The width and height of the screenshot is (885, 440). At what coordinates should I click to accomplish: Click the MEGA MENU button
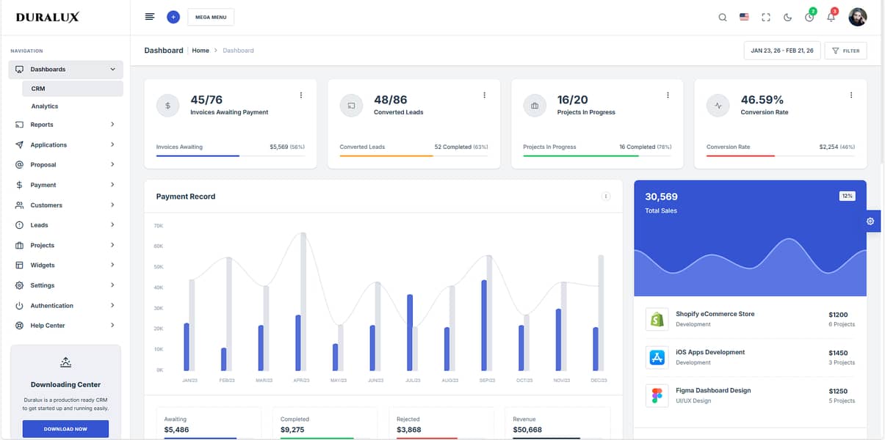coord(211,17)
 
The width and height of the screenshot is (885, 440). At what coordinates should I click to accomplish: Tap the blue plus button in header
coord(173,17)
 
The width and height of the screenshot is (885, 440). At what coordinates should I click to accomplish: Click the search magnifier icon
coord(722,17)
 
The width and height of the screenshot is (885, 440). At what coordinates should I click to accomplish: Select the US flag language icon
coord(744,17)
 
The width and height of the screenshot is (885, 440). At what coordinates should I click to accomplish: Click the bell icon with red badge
coord(831,17)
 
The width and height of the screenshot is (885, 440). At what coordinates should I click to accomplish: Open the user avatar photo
coord(857,17)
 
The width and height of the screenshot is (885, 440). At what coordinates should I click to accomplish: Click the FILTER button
coord(845,51)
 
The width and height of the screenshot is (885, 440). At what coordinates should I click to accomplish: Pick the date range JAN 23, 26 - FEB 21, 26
coord(781,51)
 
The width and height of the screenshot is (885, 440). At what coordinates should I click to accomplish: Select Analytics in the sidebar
coord(45,106)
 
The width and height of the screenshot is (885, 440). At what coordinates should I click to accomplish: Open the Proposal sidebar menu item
coord(43,165)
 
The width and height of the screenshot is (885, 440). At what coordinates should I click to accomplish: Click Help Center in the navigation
coord(48,326)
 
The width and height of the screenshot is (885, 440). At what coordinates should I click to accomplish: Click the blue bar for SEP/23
coord(484,325)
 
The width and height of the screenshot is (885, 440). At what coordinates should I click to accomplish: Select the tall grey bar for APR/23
coord(303,301)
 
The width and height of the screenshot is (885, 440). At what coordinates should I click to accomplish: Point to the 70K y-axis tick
coord(159,226)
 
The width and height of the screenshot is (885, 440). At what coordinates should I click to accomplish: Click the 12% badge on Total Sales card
coord(847,196)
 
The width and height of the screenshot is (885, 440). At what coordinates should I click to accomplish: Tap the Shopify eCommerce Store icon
coord(657,319)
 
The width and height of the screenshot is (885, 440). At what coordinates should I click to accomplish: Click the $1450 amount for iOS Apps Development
coord(837,353)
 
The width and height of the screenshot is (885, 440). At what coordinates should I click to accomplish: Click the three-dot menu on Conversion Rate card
coord(850,95)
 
